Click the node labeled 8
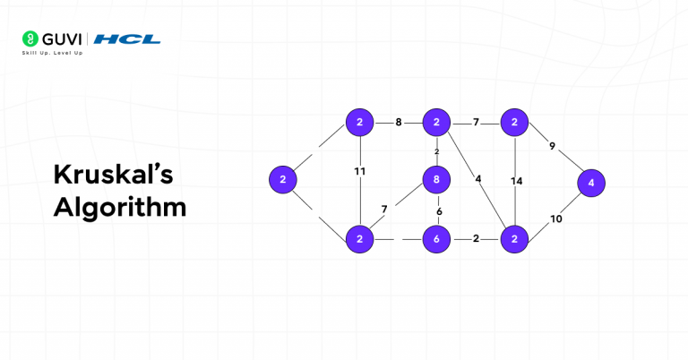(x=436, y=181)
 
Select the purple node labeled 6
(x=436, y=239)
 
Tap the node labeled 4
(x=591, y=183)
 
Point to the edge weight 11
(x=359, y=171)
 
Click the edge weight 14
(x=516, y=181)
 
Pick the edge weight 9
(x=552, y=146)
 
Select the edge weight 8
(x=399, y=122)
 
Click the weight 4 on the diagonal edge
(x=478, y=178)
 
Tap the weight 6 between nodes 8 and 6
(x=439, y=211)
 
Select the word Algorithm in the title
(x=120, y=207)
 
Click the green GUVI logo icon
(x=30, y=39)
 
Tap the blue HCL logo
(x=127, y=39)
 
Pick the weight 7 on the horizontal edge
(x=476, y=122)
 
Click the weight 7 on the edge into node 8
(x=384, y=210)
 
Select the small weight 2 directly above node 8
(x=437, y=151)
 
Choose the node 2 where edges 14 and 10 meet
(x=514, y=239)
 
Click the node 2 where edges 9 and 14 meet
(x=514, y=122)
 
